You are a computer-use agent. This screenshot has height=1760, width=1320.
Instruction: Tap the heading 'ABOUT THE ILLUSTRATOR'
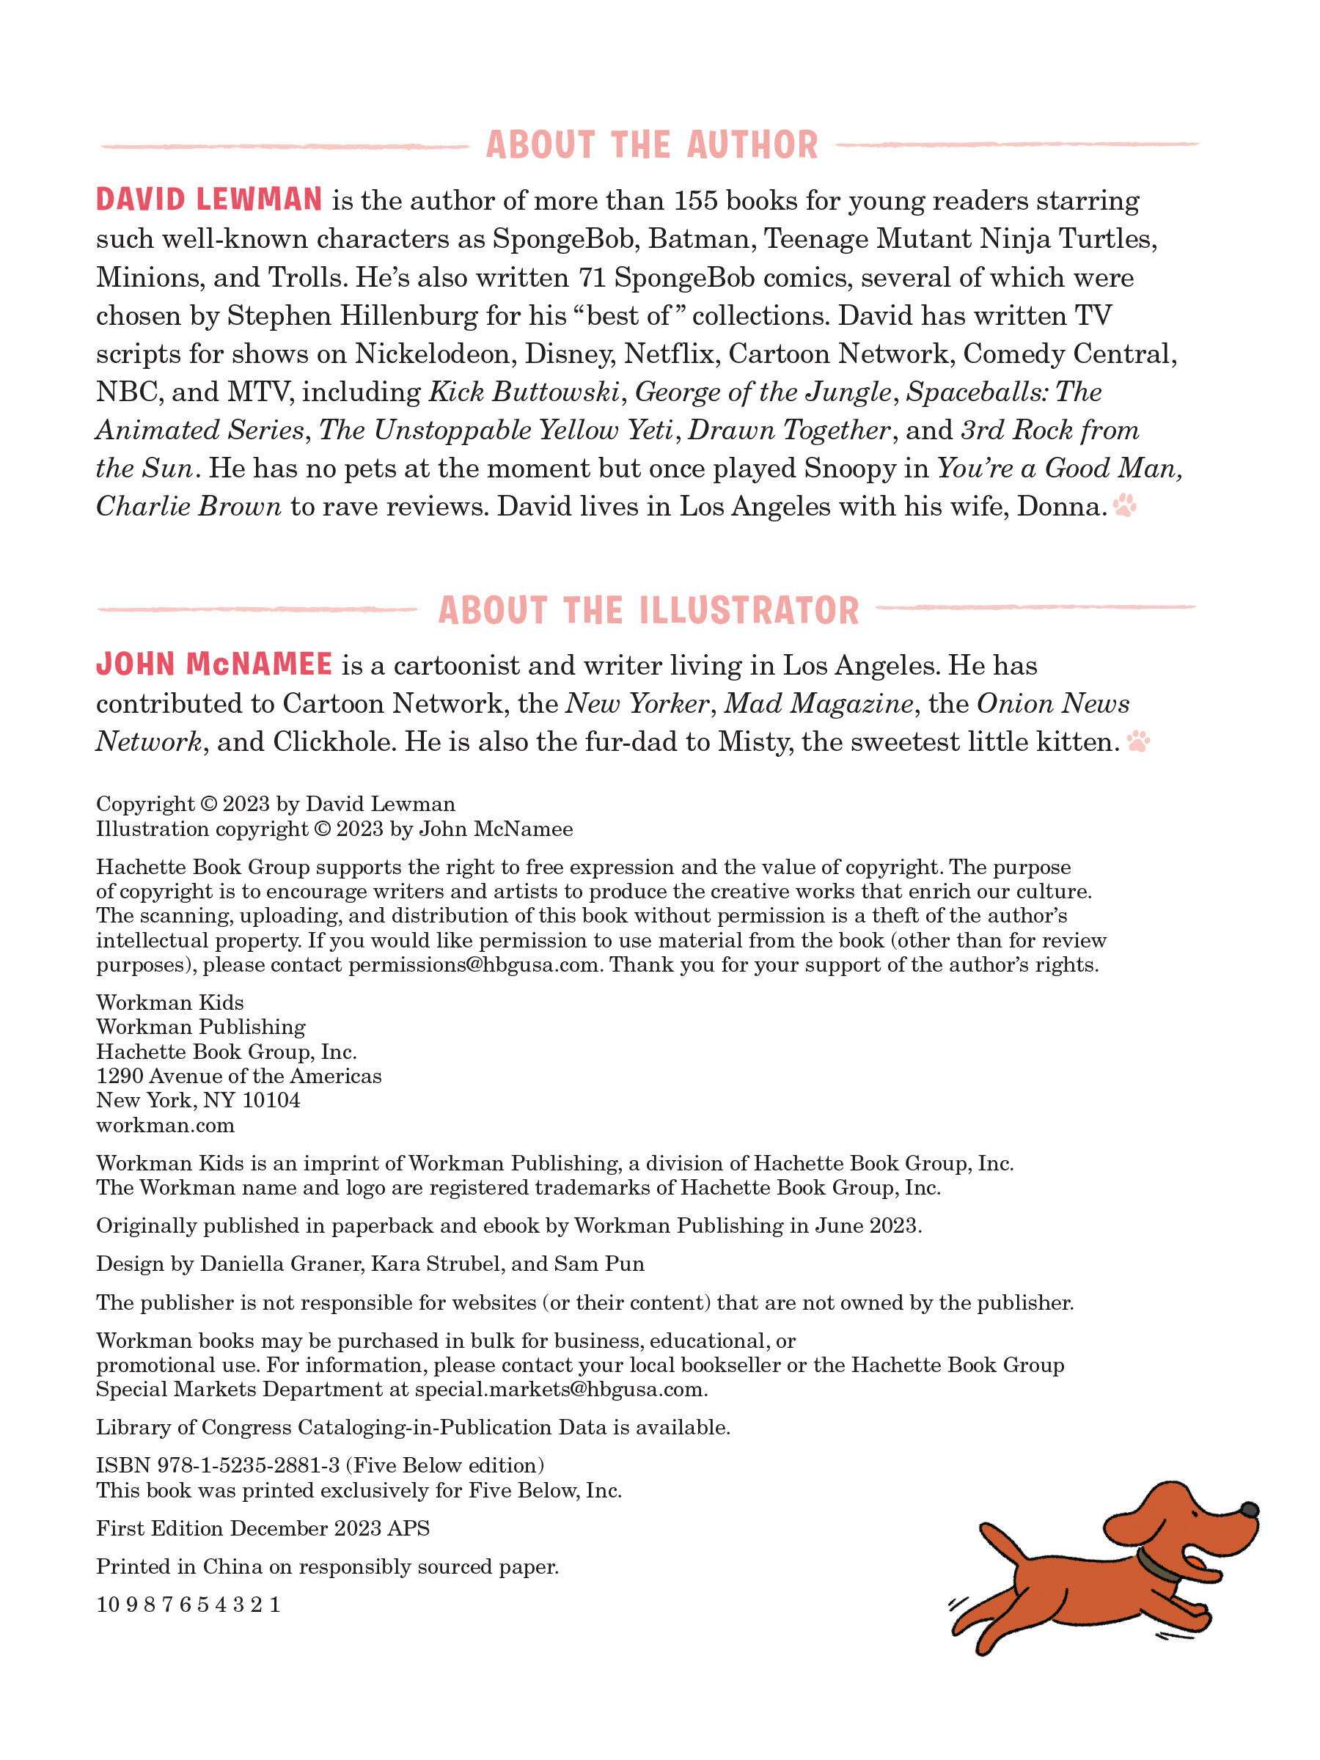(648, 611)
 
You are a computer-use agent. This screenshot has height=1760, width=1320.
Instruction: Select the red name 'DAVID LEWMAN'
(209, 199)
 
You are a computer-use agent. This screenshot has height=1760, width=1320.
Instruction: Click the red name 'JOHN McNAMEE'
(214, 664)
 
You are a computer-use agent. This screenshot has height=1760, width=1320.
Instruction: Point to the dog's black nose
(1249, 1509)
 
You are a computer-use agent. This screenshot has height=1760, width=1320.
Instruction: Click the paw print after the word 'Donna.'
(1125, 505)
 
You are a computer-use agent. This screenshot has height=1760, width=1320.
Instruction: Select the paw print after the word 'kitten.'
(1139, 741)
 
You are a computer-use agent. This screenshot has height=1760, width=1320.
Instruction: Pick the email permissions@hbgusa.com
(474, 965)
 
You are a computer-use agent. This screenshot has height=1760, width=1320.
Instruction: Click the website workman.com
(166, 1125)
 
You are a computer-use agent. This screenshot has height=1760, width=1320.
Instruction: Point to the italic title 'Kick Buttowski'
(524, 392)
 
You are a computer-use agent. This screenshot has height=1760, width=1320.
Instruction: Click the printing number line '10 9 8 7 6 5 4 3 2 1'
(188, 1604)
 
